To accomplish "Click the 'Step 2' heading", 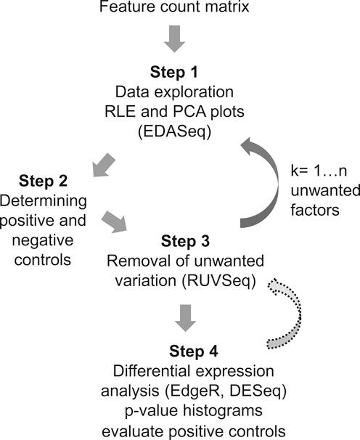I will point(39,180).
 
